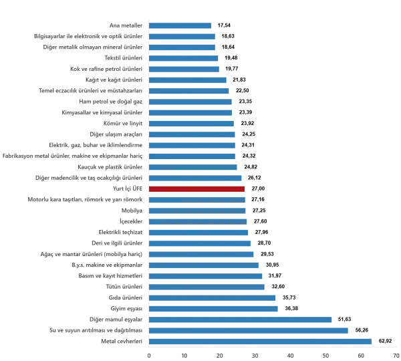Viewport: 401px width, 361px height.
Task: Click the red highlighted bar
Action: click(x=197, y=189)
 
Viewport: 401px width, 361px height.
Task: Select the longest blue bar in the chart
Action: click(x=261, y=342)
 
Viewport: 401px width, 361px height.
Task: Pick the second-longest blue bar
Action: click(x=250, y=331)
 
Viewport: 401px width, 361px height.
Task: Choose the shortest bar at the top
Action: click(x=181, y=26)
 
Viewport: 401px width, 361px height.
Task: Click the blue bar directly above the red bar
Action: click(x=196, y=178)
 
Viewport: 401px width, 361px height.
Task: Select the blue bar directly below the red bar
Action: click(x=197, y=200)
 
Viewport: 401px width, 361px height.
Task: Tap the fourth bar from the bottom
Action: click(x=213, y=309)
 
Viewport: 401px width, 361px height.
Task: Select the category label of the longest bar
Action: click(x=120, y=342)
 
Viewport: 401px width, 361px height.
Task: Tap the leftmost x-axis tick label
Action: click(x=149, y=354)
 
